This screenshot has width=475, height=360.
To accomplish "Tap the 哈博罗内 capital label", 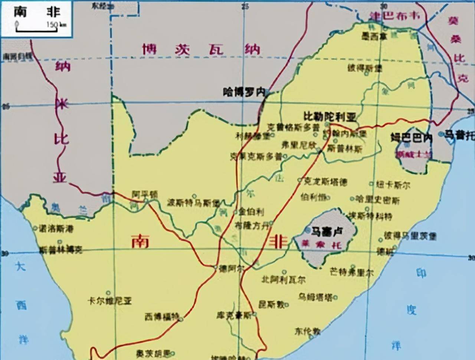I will [243, 92].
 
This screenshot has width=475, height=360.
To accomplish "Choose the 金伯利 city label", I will [251, 212].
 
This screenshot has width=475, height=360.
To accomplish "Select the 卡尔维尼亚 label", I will [109, 301].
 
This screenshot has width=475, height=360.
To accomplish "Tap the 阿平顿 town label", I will [145, 194].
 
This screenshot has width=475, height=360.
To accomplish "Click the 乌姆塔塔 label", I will [316, 297].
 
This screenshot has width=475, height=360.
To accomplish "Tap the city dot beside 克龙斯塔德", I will [300, 181].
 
